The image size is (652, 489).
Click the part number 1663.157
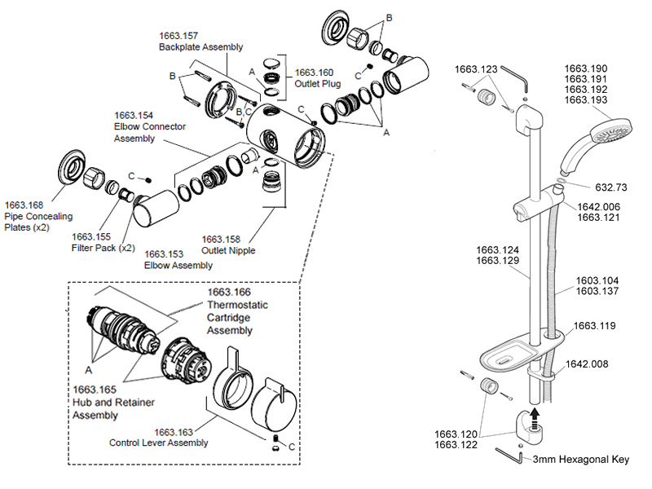[179, 36]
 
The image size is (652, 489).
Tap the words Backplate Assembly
[200, 47]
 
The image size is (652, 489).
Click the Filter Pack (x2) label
[103, 247]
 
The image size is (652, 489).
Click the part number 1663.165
[95, 390]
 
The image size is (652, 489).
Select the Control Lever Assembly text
[159, 443]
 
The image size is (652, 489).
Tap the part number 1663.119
[594, 325]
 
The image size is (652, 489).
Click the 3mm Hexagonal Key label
[581, 460]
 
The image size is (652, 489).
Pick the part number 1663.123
[475, 69]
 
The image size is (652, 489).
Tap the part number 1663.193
[585, 99]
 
